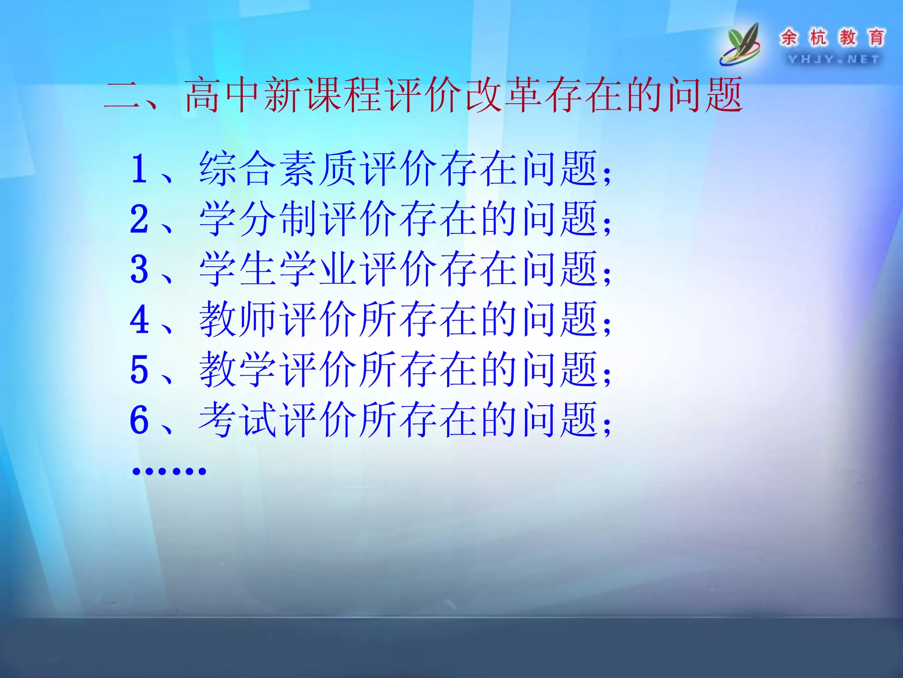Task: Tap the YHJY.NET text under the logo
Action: coord(833,59)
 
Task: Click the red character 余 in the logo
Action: coord(789,38)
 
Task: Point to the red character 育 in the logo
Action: coord(877,38)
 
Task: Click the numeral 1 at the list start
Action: coord(139,169)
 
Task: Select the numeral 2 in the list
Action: coord(139,219)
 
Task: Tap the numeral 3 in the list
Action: coord(139,269)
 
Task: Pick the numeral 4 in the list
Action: coord(139,320)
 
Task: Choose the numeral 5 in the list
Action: coord(139,370)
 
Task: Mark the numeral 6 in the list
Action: coord(139,420)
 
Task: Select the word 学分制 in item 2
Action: coord(258,219)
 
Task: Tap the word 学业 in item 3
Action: coord(317,269)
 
